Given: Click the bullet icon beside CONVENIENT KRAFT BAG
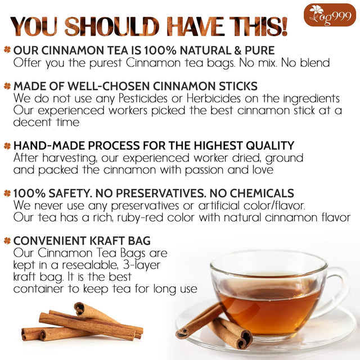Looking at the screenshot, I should point(7,241).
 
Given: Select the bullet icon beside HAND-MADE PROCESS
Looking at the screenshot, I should point(7,146).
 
